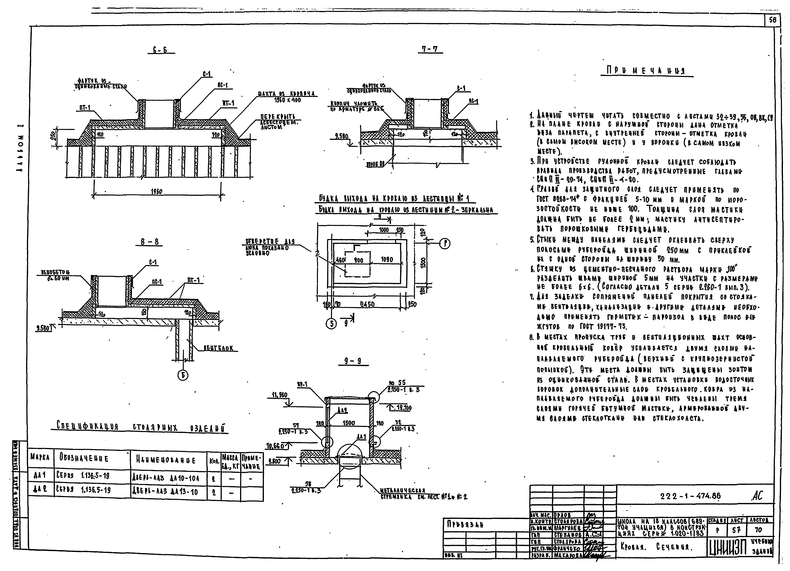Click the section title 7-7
click(430, 49)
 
